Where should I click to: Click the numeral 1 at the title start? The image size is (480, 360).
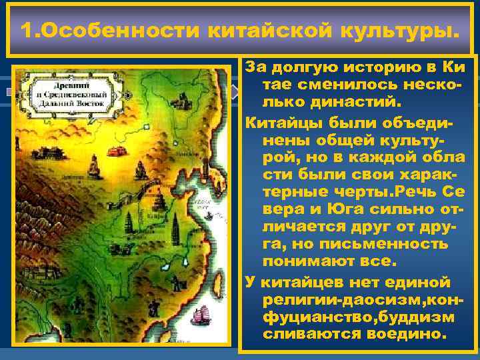pos(27,31)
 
